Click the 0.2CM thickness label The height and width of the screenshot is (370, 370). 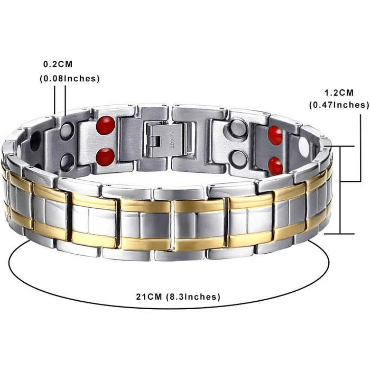pos(58,64)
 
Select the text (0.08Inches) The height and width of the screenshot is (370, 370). pos(70,79)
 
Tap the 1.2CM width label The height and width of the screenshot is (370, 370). pos(339,92)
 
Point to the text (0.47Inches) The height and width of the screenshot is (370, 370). pos(339,105)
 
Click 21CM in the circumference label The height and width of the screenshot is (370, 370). pos(149,297)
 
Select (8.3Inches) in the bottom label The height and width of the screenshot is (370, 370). pos(193,297)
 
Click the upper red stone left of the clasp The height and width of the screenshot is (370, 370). pos(106,125)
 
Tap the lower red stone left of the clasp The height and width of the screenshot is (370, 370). pos(105,156)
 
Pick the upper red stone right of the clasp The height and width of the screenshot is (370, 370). pos(275,135)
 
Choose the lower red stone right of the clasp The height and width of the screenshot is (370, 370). pos(275,166)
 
